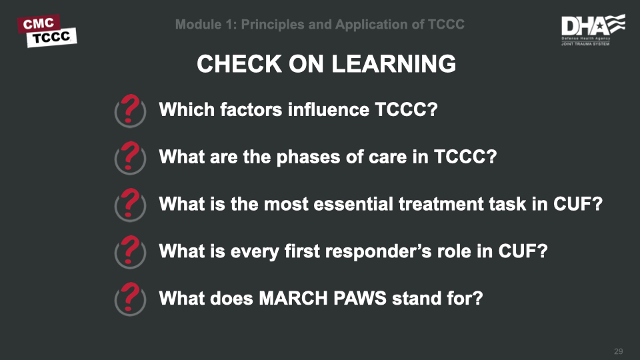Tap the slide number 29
tap(618, 351)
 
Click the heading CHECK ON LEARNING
tap(327, 64)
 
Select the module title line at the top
tap(320, 25)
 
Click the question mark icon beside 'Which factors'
tap(131, 110)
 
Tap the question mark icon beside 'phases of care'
tap(131, 157)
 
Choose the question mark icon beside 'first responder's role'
tap(131, 251)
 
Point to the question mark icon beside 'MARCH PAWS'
tap(131, 298)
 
